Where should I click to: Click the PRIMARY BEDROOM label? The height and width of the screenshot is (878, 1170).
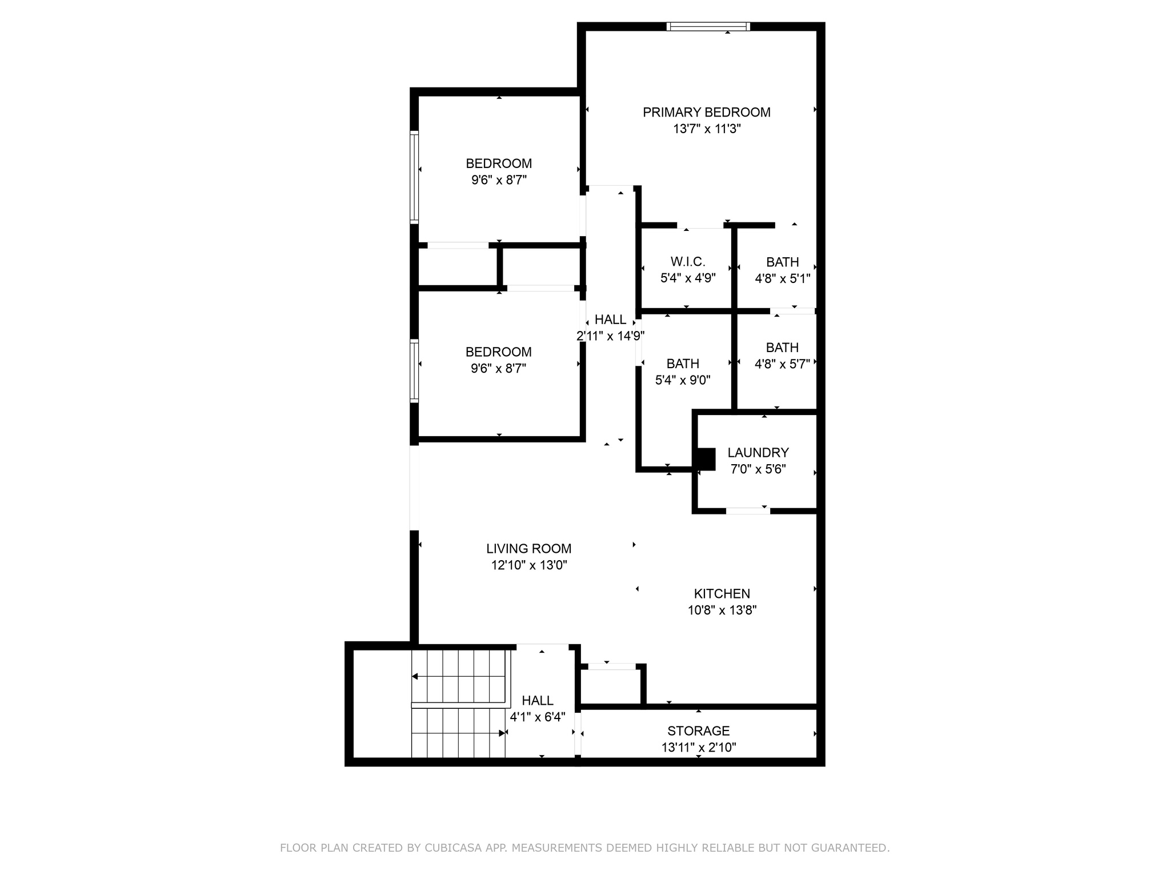pos(706,113)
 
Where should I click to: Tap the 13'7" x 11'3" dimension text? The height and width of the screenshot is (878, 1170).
pos(706,129)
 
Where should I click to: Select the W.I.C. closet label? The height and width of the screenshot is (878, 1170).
pos(688,262)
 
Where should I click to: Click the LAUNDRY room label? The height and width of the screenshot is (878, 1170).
pos(758,453)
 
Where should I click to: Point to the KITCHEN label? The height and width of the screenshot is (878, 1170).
pos(722,594)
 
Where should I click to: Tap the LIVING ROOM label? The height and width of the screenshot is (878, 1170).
pos(528,549)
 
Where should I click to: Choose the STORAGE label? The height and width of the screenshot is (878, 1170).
pos(698,731)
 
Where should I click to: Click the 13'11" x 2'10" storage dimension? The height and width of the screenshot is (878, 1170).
pos(698,747)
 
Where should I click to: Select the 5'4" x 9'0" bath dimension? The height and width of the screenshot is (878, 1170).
pos(683,380)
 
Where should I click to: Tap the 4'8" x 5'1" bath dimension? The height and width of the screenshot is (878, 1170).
pos(782,278)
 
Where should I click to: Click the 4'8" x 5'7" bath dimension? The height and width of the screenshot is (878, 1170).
pos(782,364)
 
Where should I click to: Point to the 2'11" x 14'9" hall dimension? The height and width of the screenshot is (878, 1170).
pos(610,336)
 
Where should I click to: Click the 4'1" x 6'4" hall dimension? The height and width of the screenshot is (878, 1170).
pos(537,717)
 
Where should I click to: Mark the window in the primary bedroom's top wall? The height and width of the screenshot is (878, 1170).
pos(708,26)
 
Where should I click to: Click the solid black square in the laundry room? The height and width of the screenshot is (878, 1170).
pos(706,459)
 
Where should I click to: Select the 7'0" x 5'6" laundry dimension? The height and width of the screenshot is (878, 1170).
pos(758,469)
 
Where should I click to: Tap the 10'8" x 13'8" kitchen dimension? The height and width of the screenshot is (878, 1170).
pos(722,610)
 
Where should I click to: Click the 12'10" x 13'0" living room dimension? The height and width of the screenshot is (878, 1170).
pos(528,565)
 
